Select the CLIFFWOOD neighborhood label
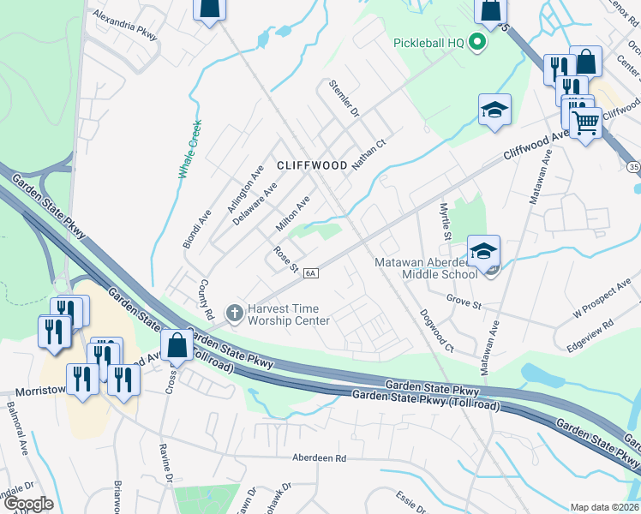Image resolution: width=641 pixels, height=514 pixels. [x=311, y=165]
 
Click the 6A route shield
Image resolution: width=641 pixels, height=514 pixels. [x=310, y=273]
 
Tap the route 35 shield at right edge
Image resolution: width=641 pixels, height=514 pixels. [x=633, y=165]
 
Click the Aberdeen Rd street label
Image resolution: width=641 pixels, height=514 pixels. [x=317, y=458]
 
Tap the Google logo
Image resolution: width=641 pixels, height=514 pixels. [x=27, y=504]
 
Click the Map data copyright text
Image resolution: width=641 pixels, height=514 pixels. [x=605, y=507]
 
